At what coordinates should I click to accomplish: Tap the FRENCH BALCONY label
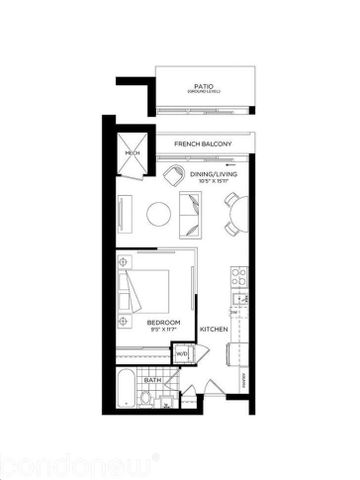tap(203, 145)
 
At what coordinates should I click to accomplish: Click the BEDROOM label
tap(163, 322)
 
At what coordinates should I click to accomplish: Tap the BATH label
tap(153, 380)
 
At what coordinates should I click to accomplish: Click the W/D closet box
tap(182, 354)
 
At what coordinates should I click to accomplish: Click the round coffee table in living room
tap(159, 213)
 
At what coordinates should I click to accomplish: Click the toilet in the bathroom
tap(147, 398)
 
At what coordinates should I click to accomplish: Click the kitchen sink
tap(239, 298)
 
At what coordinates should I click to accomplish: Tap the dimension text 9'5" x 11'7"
tap(163, 329)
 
